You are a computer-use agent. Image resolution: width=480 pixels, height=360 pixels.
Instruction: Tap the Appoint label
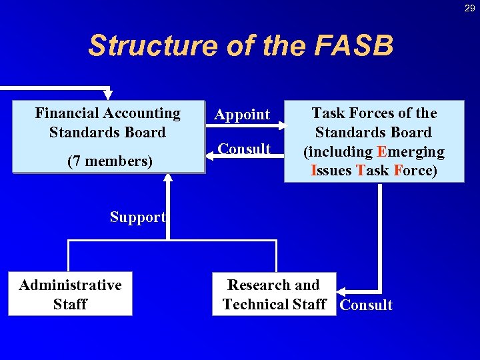(242, 115)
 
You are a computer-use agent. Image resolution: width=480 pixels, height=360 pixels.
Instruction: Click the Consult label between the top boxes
(245, 149)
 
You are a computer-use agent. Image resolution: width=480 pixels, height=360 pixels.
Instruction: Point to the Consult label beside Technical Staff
(366, 305)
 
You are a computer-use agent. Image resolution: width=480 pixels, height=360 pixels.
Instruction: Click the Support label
(137, 217)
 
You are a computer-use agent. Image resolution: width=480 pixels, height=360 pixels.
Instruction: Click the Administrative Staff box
(70, 294)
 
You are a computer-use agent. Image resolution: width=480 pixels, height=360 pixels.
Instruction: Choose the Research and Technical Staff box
(274, 294)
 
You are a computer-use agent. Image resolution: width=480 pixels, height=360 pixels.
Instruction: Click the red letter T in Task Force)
(361, 171)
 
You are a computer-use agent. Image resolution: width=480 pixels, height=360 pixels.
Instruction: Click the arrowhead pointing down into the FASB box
(108, 95)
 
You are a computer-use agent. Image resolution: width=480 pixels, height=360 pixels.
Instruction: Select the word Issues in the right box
(331, 171)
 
